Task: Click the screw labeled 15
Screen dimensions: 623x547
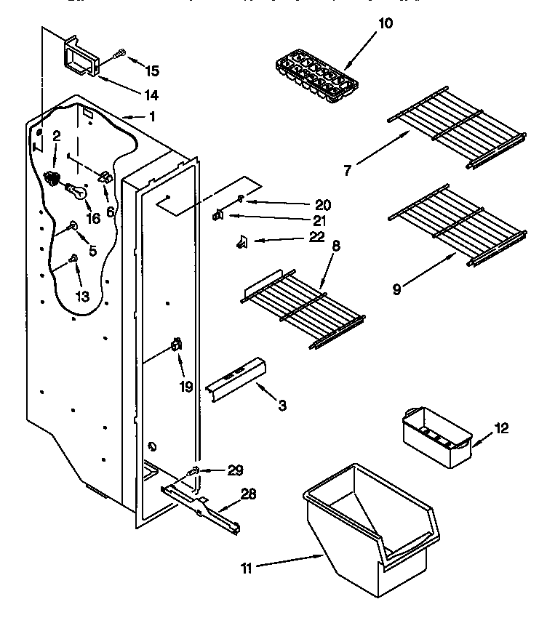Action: [120, 52]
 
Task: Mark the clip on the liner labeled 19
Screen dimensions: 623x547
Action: [175, 345]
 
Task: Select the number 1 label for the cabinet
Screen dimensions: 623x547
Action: [151, 116]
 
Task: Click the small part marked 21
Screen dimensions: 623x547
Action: [217, 214]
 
